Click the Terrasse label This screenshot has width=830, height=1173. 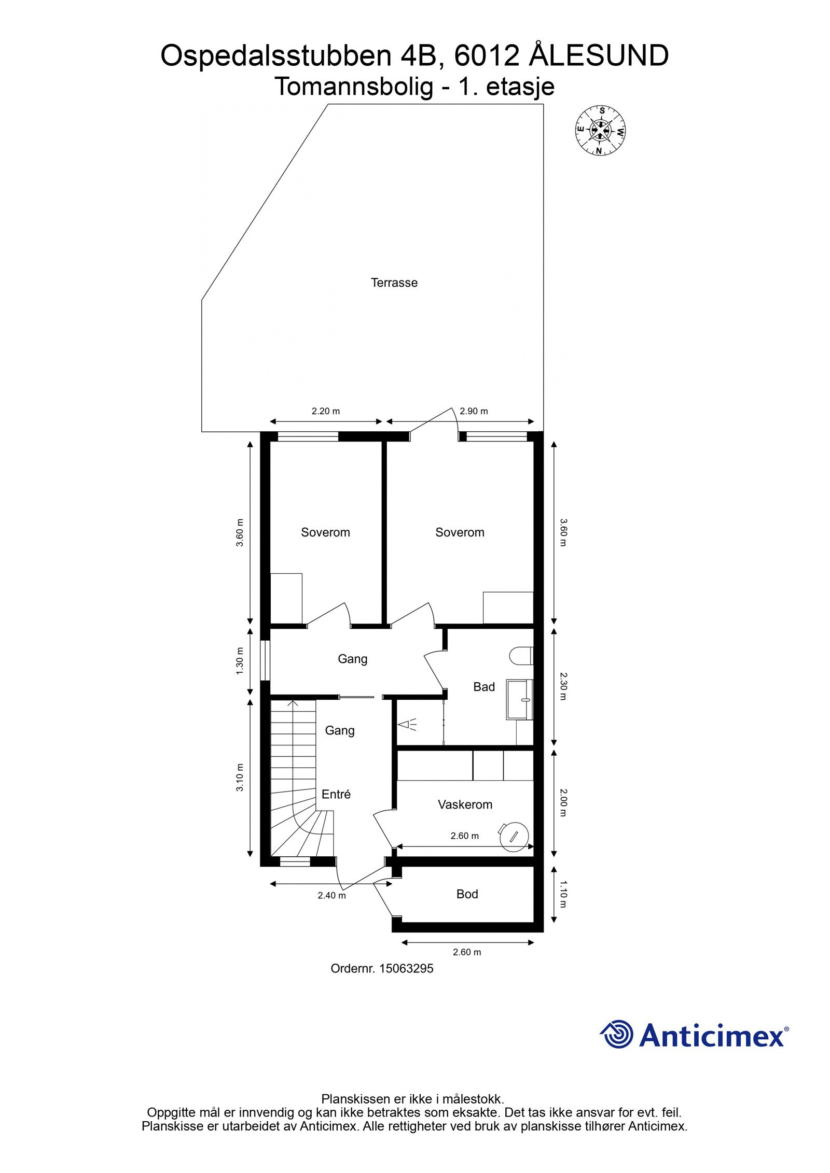[394, 283]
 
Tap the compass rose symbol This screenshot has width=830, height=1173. [600, 130]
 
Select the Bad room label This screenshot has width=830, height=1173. [483, 687]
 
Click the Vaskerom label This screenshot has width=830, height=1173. [465, 804]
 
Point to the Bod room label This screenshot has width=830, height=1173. [467, 894]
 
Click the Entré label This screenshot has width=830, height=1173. [336, 794]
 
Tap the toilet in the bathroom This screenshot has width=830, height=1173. [521, 656]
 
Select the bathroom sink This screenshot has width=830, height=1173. [520, 700]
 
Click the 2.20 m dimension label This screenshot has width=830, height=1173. [325, 412]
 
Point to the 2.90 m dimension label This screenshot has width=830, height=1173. [474, 412]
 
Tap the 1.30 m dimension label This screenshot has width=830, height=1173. [240, 661]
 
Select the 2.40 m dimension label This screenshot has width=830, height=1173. [332, 895]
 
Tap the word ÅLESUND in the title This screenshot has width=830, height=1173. [599, 56]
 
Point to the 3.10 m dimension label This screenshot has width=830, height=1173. [240, 778]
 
